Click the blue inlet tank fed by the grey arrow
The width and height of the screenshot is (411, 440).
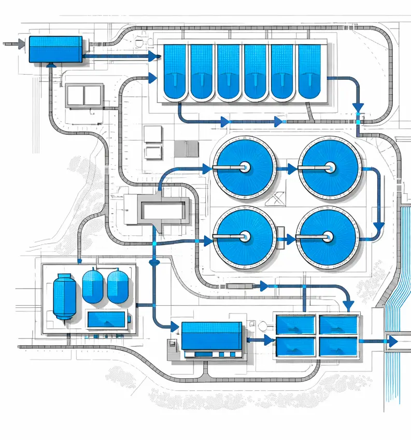point(55,49)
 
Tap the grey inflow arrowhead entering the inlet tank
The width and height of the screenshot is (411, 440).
point(21,45)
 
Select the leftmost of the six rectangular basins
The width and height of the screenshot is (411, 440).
point(175,72)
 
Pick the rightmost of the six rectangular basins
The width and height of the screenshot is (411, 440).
point(309,72)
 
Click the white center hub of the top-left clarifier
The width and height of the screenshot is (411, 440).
point(244,166)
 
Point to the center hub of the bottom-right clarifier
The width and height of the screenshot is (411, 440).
point(328,237)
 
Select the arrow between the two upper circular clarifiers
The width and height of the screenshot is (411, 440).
point(291,168)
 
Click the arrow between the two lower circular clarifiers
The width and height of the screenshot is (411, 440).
point(288,240)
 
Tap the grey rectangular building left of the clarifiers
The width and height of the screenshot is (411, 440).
point(162,210)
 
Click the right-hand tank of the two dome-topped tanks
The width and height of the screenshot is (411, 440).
point(118,286)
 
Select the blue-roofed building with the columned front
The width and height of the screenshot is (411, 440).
point(211,337)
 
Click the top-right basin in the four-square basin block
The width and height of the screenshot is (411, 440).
point(338,325)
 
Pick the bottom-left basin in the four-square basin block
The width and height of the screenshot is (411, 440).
point(295,346)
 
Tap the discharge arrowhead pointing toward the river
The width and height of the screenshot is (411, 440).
point(392,342)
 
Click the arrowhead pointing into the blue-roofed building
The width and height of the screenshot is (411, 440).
point(173,327)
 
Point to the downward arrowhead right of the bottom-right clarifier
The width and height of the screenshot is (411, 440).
point(379,227)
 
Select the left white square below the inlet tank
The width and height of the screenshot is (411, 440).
point(75,95)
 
